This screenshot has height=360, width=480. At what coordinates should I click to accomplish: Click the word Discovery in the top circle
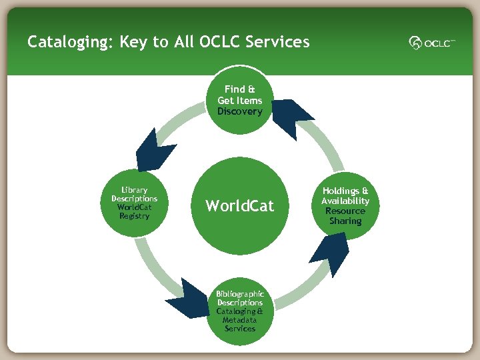[239, 111]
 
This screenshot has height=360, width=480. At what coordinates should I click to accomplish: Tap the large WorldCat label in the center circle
[239, 206]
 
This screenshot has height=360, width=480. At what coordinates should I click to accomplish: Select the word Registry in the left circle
[134, 216]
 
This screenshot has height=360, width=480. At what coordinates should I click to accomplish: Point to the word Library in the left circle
[134, 190]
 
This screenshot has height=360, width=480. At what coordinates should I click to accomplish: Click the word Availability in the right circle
[345, 201]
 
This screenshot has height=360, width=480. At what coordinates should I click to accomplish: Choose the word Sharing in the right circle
[345, 221]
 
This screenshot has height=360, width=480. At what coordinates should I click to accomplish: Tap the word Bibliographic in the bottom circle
[239, 294]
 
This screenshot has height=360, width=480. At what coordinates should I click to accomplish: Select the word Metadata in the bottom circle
[239, 320]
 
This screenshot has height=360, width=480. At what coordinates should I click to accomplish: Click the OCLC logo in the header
[432, 43]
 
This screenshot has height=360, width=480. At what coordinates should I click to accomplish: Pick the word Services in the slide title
[277, 42]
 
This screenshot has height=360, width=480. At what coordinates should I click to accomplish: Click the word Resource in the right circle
[345, 211]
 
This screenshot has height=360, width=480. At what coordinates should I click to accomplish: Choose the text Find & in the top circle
[239, 89]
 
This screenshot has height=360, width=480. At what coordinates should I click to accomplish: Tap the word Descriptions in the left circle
[134, 199]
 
